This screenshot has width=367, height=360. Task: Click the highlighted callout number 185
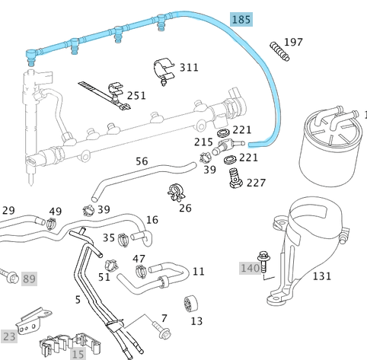[241, 19]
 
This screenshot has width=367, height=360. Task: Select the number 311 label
[188, 67]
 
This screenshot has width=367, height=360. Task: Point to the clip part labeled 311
[163, 68]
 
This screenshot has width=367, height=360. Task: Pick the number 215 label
[203, 142]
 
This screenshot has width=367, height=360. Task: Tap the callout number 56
[142, 161]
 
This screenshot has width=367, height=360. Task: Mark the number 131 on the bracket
[321, 276]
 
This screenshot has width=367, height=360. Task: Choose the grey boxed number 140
[249, 267]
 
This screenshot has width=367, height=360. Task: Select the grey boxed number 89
[29, 279]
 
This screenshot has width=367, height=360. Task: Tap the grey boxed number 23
[9, 335]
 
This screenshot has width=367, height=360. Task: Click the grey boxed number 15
[78, 353]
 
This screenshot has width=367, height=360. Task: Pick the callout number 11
[198, 271]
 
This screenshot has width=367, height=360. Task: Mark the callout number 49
[56, 212]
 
